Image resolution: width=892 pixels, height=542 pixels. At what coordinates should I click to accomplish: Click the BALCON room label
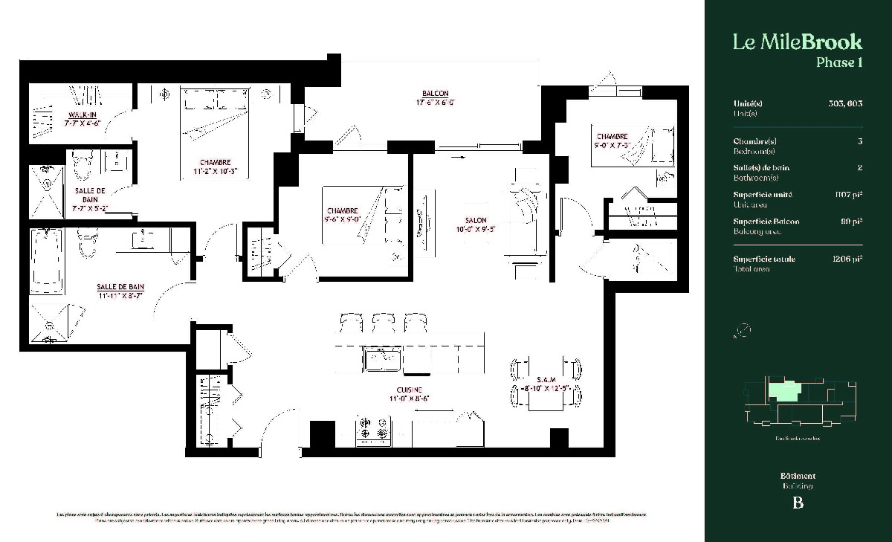[x=435, y=94]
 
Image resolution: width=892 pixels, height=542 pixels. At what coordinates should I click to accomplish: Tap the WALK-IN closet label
[x=83, y=115]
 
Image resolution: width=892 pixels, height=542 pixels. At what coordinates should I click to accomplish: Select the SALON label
[x=476, y=221]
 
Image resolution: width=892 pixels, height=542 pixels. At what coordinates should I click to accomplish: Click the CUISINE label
[x=410, y=390]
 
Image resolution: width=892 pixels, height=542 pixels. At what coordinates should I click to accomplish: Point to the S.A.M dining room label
[x=546, y=379]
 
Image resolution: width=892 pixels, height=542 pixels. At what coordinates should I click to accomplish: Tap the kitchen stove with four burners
[x=374, y=430]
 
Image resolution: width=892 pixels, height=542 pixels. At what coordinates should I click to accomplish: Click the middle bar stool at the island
[x=382, y=323]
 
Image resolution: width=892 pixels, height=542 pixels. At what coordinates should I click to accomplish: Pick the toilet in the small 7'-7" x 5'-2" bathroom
[x=82, y=166]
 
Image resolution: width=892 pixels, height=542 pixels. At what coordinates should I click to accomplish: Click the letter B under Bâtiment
[x=798, y=503]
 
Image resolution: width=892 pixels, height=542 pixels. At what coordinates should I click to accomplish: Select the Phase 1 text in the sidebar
[x=838, y=62]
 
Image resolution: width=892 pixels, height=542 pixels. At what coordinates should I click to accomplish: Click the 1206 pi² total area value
[x=847, y=259]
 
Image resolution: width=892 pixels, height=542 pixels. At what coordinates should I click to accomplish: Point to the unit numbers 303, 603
[x=844, y=104]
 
